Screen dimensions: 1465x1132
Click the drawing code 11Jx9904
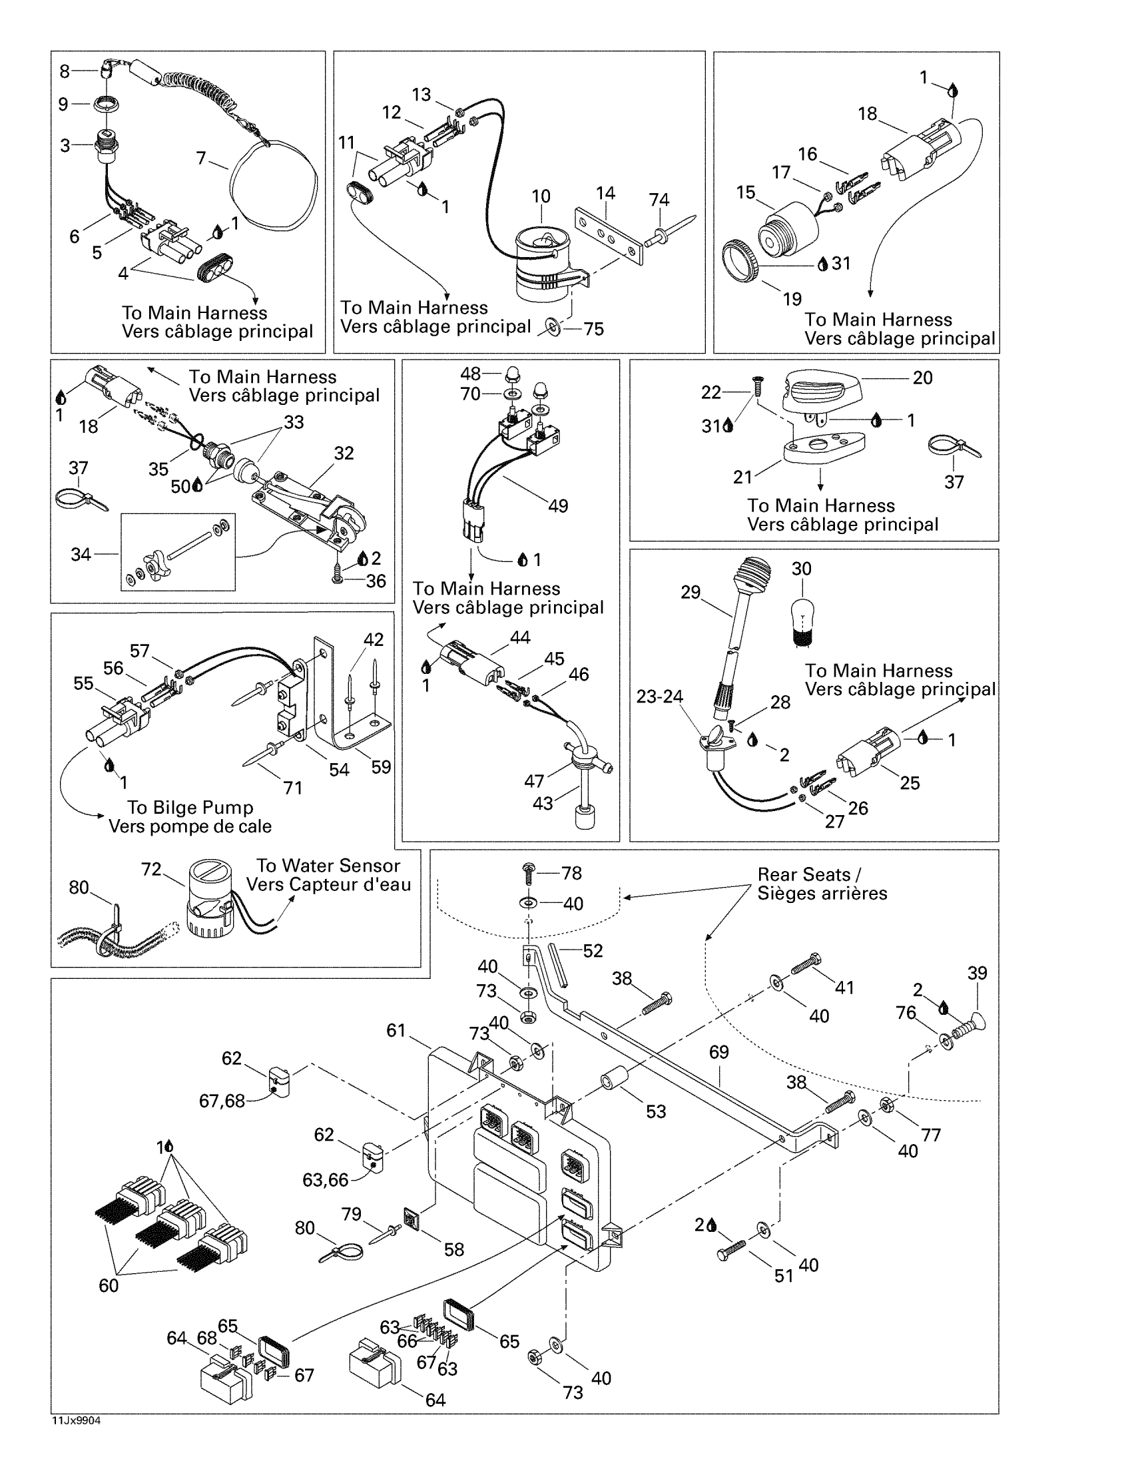coord(76,1421)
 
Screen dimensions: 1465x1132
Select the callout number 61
coord(396,1029)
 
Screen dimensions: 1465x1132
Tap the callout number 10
coord(541,196)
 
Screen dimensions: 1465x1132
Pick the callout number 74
coord(659,199)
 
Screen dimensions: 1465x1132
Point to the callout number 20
coord(923,378)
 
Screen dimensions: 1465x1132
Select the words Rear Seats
coord(804,875)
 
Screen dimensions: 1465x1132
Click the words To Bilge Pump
coord(190,808)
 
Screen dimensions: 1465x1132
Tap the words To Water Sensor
coord(328,865)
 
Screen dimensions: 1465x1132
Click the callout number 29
coord(691,592)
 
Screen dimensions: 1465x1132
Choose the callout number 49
coord(558,506)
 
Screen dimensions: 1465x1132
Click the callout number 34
coord(81,554)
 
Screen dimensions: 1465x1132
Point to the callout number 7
coord(201,158)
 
